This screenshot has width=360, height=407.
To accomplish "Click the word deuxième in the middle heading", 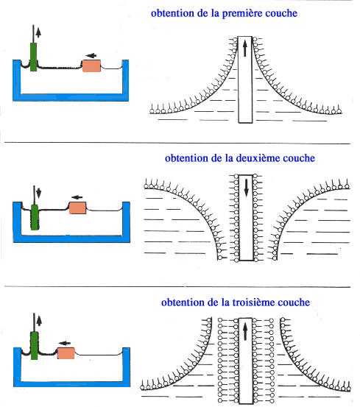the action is click(x=258, y=158).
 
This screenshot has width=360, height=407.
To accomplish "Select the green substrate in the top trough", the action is click(x=33, y=57).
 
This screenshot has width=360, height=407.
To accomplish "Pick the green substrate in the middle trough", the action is click(x=35, y=217).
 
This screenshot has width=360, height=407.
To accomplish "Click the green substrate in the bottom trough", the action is click(x=35, y=345).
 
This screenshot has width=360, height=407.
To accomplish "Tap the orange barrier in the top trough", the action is click(x=91, y=66).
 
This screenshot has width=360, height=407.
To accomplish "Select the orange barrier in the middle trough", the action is click(x=77, y=208).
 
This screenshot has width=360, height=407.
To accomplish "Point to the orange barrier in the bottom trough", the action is click(x=66, y=353).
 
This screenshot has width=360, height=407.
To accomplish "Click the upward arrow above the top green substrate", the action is click(x=38, y=32).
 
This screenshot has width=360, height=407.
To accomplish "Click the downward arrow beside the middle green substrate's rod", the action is click(x=39, y=193).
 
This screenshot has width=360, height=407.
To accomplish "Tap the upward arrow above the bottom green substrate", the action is click(x=39, y=321).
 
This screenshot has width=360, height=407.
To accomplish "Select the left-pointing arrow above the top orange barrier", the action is click(x=91, y=55).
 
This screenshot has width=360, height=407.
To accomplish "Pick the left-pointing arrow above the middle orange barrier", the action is click(x=77, y=197).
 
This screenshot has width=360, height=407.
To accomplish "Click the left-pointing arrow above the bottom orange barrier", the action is click(x=65, y=343).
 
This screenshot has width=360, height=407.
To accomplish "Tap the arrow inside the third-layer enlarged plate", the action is click(x=245, y=332).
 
